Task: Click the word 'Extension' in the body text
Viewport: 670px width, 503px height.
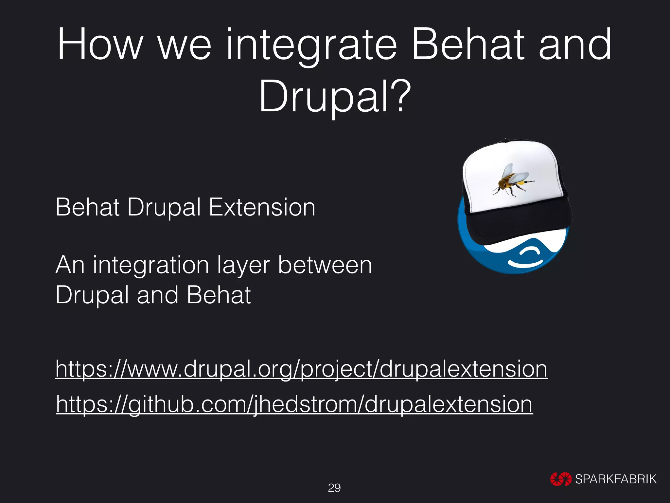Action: point(262,208)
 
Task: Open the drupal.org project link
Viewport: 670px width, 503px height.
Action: point(301,369)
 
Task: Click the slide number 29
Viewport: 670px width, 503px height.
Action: point(334,488)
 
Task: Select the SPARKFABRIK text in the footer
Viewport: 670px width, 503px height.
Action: point(615,479)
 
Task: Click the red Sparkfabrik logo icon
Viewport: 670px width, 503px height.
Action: point(561,479)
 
